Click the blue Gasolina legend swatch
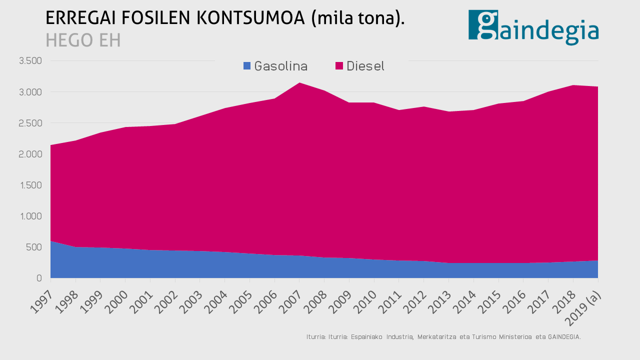[x=247, y=66]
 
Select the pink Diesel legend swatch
[x=339, y=66]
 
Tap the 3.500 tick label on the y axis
[x=30, y=61]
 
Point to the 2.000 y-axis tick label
[x=30, y=154]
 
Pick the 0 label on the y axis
[x=39, y=278]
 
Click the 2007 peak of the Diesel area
[x=299, y=83]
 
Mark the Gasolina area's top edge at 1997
[x=51, y=241]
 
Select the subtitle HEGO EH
[x=83, y=40]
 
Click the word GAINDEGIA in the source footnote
[x=563, y=337]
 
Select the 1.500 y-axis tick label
[x=30, y=185]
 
